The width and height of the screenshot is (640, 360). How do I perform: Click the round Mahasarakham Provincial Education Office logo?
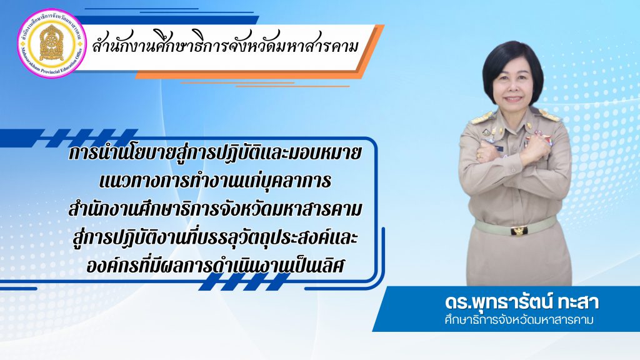(52, 43)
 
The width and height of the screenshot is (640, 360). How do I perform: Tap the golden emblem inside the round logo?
(52, 42)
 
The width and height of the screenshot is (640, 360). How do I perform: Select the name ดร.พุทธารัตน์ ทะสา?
(522, 303)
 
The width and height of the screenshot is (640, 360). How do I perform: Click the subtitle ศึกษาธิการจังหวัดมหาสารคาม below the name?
(518, 319)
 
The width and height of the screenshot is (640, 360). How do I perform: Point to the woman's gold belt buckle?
(519, 231)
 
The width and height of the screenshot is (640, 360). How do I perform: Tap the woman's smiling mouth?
(512, 99)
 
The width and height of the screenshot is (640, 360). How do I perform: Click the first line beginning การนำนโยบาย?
(216, 154)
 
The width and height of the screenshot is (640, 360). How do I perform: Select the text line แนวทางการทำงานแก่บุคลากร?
(215, 182)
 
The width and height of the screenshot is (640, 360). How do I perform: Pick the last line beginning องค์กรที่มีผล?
(216, 266)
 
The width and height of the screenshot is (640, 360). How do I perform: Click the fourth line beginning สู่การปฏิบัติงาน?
(215, 238)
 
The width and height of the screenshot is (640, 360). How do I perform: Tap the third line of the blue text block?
(215, 210)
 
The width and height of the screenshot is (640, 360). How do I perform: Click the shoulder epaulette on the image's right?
(549, 116)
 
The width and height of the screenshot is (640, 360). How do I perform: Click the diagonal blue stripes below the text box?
(245, 282)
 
